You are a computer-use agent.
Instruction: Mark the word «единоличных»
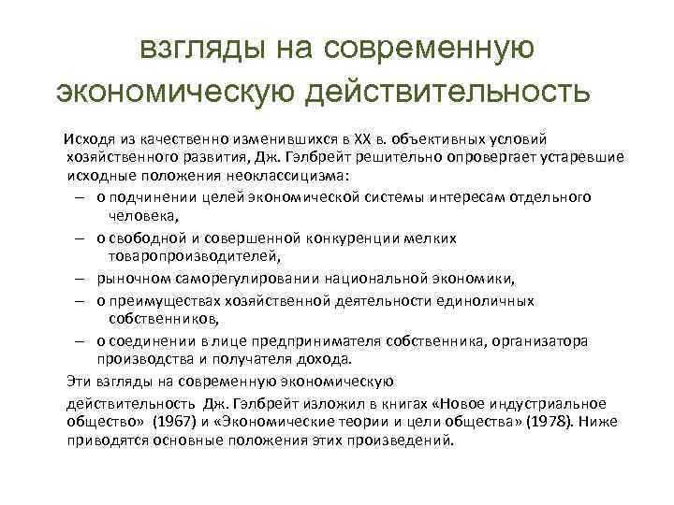coord(487,300)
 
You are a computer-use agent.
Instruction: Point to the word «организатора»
coord(543,341)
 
